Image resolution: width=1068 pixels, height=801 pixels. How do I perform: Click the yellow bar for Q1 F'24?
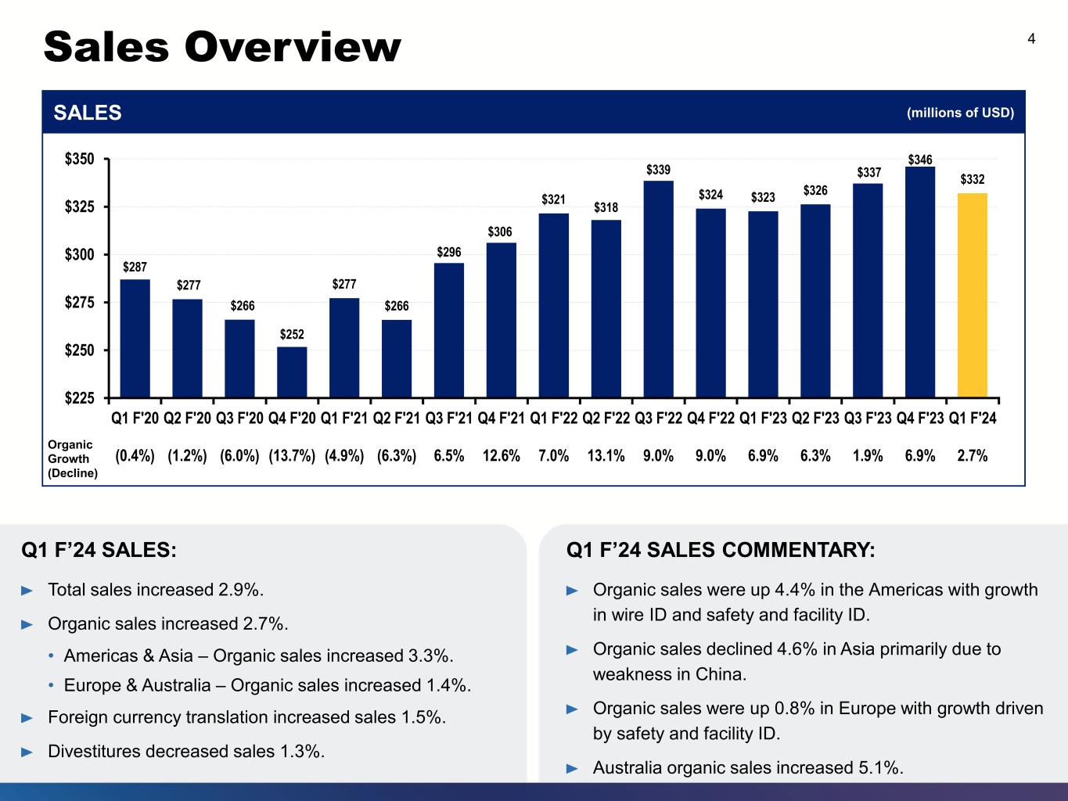972,295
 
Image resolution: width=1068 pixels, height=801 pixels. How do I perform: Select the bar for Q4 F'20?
292,372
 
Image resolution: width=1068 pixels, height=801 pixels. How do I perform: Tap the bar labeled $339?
658,289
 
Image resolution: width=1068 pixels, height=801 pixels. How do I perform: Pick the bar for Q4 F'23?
920,282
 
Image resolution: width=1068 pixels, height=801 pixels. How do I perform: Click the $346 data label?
920,160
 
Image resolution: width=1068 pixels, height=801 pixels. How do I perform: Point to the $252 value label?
292,334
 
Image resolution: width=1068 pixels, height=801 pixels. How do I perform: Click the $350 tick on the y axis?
79,159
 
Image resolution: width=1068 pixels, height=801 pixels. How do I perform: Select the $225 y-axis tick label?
79,398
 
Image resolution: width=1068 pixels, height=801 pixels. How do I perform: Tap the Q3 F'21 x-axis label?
449,418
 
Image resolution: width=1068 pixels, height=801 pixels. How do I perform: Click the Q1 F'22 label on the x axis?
554,418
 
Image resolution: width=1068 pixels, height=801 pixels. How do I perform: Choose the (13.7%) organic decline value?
292,456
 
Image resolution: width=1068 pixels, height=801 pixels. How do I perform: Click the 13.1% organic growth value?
606,456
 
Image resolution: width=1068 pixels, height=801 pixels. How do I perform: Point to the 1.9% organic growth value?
868,456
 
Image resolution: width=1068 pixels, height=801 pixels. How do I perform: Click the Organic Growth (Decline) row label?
73,458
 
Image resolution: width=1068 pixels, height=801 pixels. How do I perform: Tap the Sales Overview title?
222,47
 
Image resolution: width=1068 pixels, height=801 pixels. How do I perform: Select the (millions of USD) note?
961,113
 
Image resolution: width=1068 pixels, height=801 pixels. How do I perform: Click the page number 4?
1031,38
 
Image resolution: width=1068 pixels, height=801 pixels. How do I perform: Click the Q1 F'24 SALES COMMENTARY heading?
721,550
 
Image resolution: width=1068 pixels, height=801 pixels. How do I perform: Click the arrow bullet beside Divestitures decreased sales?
27,752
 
